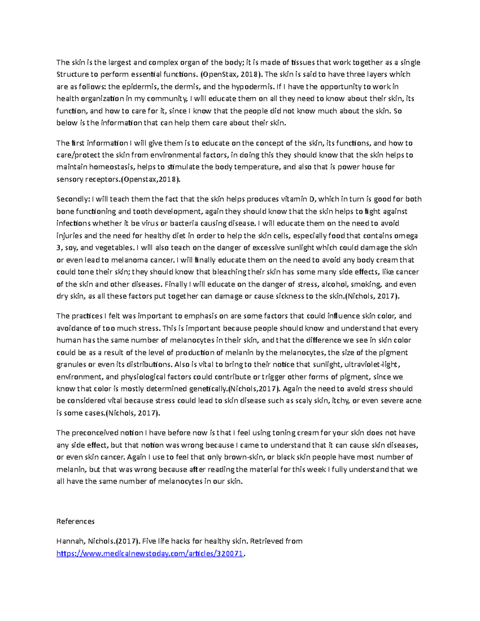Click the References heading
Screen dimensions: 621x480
click(76, 521)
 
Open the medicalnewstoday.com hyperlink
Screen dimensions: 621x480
click(150, 554)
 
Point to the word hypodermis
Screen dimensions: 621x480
click(253, 86)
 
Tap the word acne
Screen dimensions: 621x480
click(413, 401)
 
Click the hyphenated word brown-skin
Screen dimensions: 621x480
click(243, 457)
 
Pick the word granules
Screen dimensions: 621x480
click(71, 365)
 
